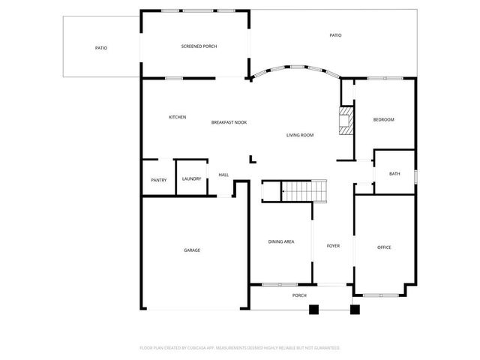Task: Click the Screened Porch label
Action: pos(199,46)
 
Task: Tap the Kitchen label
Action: pos(177,117)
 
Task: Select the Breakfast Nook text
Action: pos(229,122)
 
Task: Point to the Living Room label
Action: pos(299,135)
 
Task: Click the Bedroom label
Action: pos(383,120)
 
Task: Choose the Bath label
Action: pos(394,174)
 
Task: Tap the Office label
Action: pos(384,247)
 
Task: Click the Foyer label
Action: pos(333,246)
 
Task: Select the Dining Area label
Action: pos(281,241)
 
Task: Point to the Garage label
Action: pos(192,250)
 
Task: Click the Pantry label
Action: pos(158,180)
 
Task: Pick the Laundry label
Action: pos(191,178)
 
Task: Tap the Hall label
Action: pos(223,175)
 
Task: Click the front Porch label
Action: pos(299,295)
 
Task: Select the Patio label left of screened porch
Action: pos(100,48)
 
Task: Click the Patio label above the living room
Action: pos(336,35)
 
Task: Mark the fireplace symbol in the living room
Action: pos(345,120)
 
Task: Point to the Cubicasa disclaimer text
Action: pos(240,348)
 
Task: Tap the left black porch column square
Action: pos(313,307)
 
